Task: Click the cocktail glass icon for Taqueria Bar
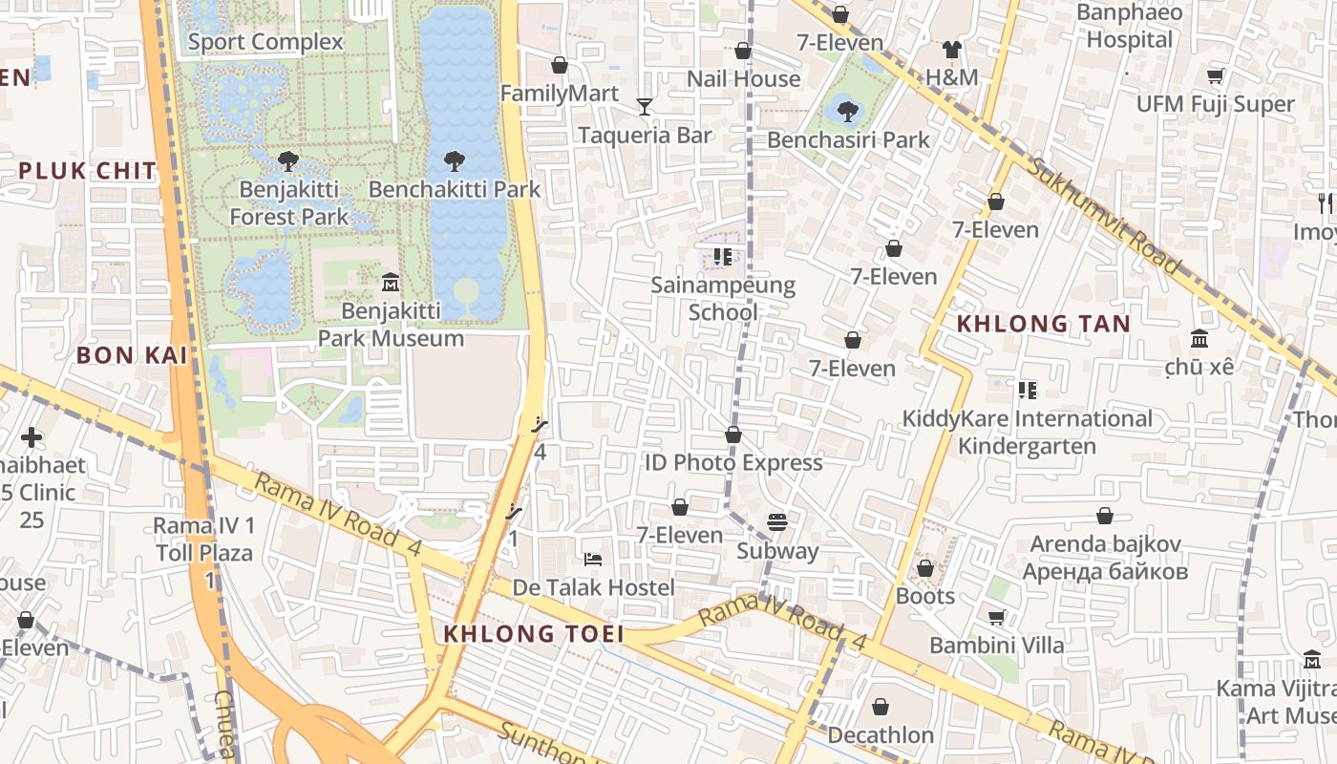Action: coord(645,106)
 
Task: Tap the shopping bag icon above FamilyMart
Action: coord(560,65)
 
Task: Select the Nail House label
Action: coord(743,79)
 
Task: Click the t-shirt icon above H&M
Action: coord(951,50)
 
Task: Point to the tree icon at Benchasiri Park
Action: coord(847,112)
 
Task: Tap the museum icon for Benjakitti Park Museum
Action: coord(391,283)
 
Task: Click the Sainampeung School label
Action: coord(723,299)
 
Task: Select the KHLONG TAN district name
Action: coord(1043,324)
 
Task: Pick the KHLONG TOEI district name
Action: coord(534,634)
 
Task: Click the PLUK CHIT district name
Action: coord(87,172)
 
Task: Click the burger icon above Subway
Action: coord(777,523)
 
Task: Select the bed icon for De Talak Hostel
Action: coord(593,559)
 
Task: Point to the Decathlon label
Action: coord(881,735)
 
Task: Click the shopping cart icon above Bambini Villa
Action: coord(996,618)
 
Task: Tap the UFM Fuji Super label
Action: coord(1215,104)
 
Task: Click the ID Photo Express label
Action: coord(733,463)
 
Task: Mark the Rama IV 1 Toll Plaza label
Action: coord(204,539)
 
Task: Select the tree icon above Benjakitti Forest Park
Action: coord(288,161)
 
